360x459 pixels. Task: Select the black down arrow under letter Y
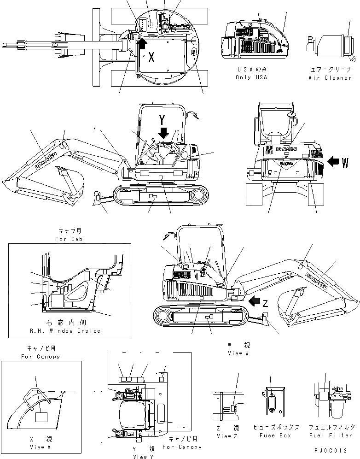163,133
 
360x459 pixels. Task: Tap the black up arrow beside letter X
142,44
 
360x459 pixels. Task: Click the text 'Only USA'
251,77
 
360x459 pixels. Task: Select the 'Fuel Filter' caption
330,435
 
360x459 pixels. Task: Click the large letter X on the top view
152,58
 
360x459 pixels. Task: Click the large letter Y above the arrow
162,119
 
